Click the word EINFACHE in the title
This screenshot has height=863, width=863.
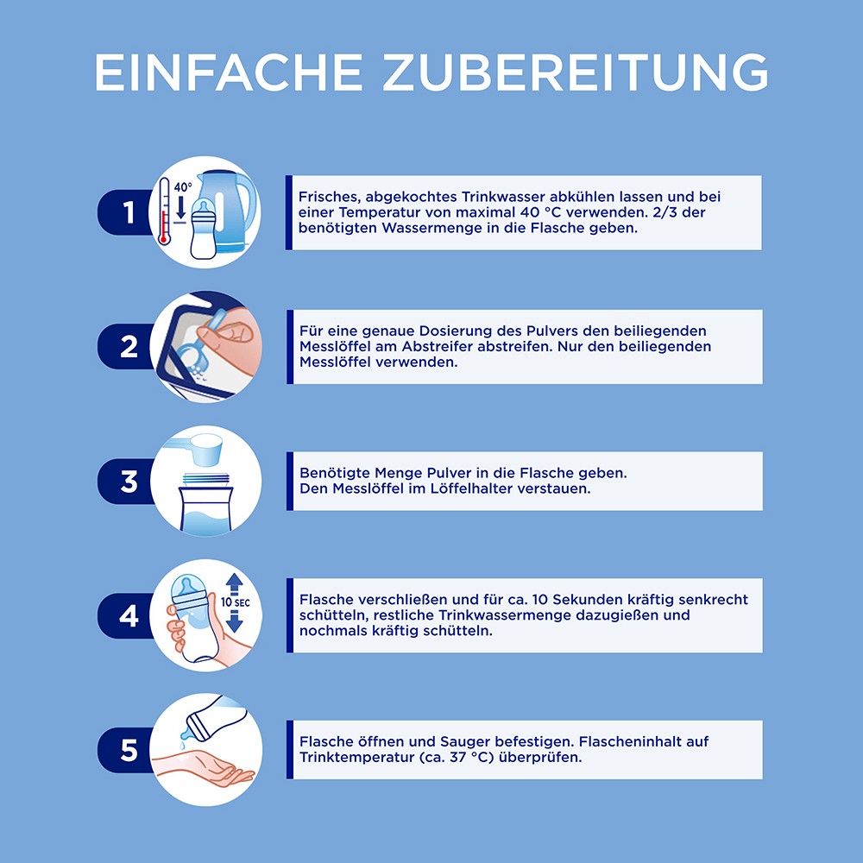tap(228, 72)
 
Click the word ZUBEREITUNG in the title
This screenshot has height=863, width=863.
tap(575, 72)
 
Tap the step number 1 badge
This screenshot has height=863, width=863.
tap(125, 212)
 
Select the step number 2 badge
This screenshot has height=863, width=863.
tap(125, 347)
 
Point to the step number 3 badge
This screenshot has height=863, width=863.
tap(125, 481)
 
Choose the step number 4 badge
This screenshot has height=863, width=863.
tap(125, 616)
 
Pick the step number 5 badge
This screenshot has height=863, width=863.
tap(125, 750)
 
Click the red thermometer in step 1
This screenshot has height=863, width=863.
tap(164, 211)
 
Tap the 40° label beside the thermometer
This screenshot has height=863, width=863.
tap(183, 187)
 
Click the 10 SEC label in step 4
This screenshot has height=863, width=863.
tap(236, 602)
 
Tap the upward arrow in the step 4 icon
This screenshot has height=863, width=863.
tap(235, 584)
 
